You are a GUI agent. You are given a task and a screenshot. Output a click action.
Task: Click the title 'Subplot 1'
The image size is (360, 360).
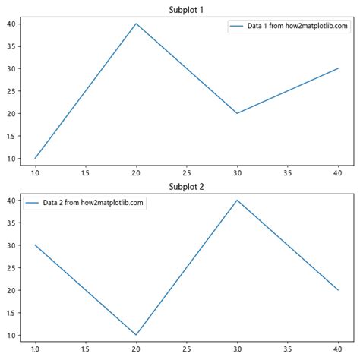click(187, 9)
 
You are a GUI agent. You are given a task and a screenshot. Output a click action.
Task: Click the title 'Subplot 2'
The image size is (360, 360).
click(187, 186)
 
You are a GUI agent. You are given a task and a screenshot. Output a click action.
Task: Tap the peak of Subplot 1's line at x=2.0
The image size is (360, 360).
click(136, 24)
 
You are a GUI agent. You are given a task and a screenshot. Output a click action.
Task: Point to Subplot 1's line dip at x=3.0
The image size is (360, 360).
click(237, 113)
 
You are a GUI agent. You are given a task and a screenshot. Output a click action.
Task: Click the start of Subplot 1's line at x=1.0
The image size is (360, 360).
click(35, 158)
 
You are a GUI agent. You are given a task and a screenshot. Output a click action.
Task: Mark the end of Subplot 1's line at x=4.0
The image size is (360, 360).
click(338, 68)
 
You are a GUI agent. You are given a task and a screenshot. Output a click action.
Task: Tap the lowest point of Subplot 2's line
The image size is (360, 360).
click(136, 335)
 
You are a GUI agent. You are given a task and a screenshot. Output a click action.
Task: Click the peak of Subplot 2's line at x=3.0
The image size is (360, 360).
click(237, 201)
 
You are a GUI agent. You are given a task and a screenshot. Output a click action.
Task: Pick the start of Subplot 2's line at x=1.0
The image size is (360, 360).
click(35, 245)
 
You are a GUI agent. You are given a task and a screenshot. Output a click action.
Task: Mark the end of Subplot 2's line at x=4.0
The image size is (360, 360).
click(338, 290)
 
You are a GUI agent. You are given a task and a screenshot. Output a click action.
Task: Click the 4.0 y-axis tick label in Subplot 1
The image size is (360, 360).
click(13, 24)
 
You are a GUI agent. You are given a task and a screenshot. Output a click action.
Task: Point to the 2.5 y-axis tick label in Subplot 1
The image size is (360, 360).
click(13, 91)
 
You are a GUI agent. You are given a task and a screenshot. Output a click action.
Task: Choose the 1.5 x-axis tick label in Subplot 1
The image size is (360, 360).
click(86, 172)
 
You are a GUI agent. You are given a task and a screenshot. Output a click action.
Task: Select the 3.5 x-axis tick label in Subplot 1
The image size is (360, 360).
click(288, 172)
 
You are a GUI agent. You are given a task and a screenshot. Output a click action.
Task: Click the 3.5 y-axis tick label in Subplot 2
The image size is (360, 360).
click(13, 223)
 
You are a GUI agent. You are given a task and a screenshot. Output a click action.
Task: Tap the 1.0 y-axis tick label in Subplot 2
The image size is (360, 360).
click(13, 335)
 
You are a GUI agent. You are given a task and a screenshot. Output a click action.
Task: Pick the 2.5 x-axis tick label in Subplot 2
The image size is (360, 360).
click(187, 349)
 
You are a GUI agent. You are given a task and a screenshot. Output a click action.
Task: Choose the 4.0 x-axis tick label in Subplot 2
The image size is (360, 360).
click(338, 349)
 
